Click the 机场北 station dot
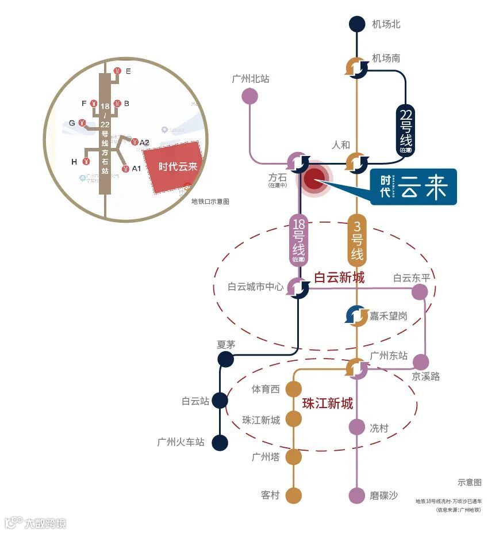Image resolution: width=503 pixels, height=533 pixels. pos(357,24)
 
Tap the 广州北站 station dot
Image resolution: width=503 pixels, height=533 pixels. pos(249,96)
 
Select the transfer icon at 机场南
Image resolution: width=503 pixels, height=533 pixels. pos(357,68)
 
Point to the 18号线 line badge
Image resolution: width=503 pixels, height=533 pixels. pos(299,241)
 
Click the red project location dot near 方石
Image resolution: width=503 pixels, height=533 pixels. pos(314,180)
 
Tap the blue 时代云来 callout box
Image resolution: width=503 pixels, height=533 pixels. pos(413,187)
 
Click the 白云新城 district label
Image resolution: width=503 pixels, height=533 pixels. pos(339,278)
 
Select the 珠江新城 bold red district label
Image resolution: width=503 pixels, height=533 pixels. pos(327,403)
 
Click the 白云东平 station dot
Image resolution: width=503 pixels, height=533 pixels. pos(420,292)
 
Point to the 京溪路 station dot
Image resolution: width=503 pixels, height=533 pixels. pos(421,362)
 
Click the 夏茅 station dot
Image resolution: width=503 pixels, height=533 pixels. pos(225,360)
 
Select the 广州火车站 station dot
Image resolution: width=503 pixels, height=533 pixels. pos(220,443)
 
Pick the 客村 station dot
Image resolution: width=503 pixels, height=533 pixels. pos(294,496)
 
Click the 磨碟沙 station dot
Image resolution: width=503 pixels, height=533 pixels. pos(357,496)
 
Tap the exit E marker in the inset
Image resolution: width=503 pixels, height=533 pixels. pos(117,71)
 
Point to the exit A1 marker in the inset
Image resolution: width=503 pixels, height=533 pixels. pos(125,169)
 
